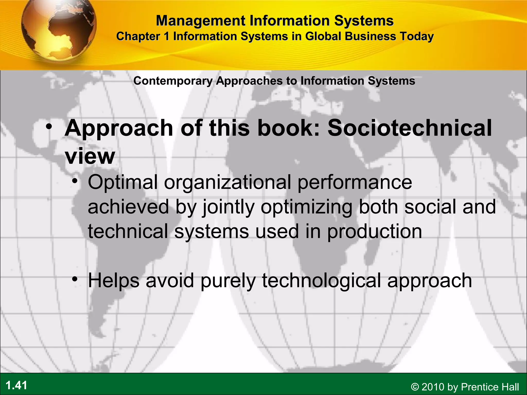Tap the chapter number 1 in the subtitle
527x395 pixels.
pos(166,36)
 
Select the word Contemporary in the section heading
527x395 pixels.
pos(173,81)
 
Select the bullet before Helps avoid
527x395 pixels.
pos(75,279)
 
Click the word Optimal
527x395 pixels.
pos(123,182)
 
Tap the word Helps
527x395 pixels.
pos(114,281)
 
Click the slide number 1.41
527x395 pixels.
pos(16,385)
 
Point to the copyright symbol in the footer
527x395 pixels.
pos(415,387)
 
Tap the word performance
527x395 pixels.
pos(355,182)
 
